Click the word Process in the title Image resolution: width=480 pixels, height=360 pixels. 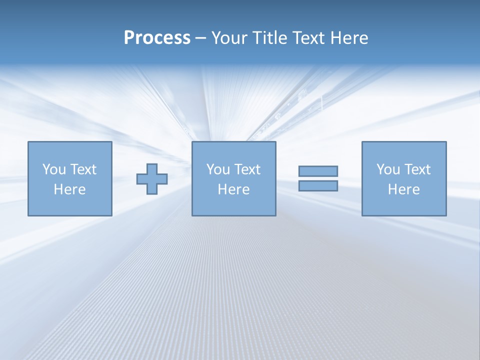coord(157,38)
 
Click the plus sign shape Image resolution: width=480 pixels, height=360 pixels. coord(152,179)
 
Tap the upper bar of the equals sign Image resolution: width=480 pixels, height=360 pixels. coord(318,171)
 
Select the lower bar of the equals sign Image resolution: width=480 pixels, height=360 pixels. coord(318,185)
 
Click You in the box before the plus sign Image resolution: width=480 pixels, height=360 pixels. coord(53,169)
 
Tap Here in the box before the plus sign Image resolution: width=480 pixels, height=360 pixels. coord(69,189)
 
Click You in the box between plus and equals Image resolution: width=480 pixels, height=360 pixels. coord(218,169)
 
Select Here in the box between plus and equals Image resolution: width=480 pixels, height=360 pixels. coord(233,189)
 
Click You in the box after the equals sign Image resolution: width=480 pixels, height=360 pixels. coord(388,169)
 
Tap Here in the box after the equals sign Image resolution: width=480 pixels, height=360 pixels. coord(403,189)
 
